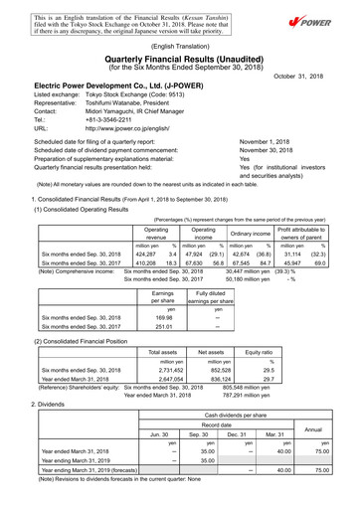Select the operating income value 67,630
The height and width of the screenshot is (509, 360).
click(203, 235)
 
